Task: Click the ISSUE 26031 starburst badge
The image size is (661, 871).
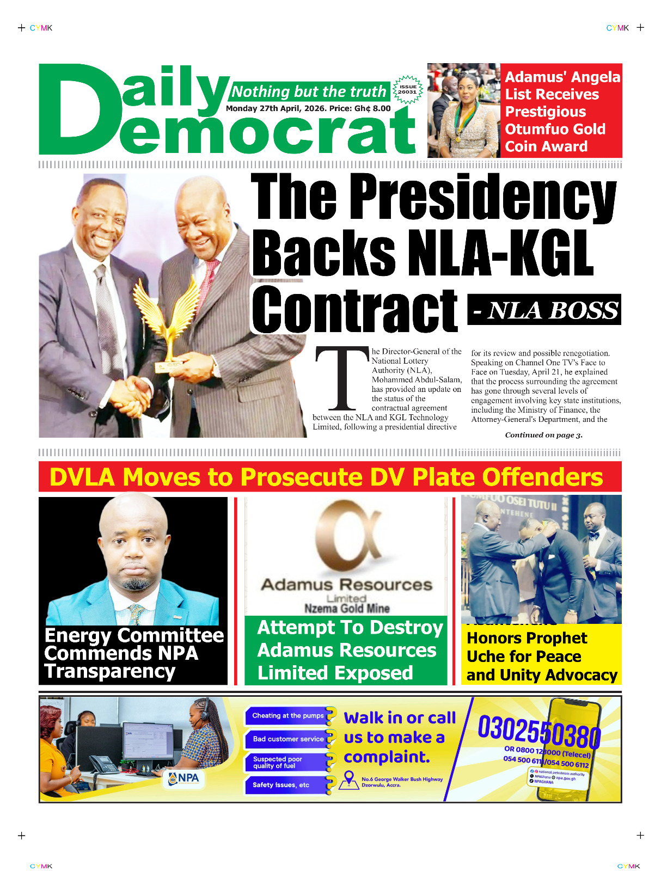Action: click(x=407, y=90)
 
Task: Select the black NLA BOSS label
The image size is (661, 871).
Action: click(x=544, y=310)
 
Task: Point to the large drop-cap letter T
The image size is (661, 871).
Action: click(x=341, y=379)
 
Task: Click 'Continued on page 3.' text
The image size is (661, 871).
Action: click(x=543, y=435)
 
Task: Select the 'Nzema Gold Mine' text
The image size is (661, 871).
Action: click(x=347, y=609)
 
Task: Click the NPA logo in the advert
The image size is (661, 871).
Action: click(x=184, y=778)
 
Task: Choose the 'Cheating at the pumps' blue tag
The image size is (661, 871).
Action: click(x=288, y=716)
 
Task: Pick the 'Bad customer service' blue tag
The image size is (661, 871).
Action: click(x=288, y=739)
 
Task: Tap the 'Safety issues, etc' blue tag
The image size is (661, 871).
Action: click(x=281, y=785)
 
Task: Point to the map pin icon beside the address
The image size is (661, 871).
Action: click(x=348, y=780)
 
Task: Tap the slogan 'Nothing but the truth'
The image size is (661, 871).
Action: click(x=309, y=91)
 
